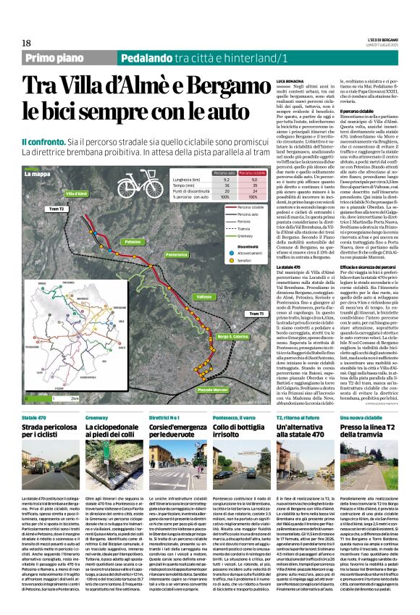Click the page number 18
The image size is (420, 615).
point(26,43)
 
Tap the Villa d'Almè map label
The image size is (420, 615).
point(77,193)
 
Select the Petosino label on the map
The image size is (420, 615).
point(133,240)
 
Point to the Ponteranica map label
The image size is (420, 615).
point(177,255)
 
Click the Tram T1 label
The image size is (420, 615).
point(255,312)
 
